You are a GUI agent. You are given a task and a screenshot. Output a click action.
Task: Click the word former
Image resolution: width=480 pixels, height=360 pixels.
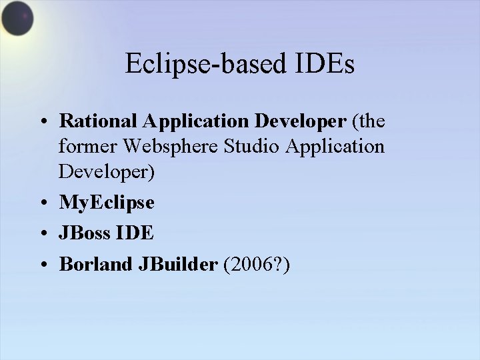tap(85, 146)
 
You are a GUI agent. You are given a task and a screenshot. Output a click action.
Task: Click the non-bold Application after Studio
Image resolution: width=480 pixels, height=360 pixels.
tap(337, 146)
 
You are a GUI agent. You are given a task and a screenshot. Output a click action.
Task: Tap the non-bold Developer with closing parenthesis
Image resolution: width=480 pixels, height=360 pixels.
tap(107, 171)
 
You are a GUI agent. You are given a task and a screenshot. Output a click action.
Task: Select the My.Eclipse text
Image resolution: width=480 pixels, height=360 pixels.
tap(107, 202)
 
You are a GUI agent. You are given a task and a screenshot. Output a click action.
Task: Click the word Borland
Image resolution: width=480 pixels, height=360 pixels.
tap(95, 264)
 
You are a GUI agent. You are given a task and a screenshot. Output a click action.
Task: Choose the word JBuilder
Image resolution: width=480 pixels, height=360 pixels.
tap(177, 264)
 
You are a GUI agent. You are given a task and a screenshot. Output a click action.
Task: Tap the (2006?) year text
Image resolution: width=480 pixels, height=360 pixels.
tap(257, 264)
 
